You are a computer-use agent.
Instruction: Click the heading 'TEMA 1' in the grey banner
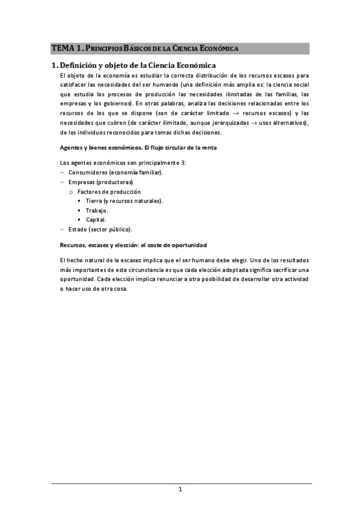coord(66,48)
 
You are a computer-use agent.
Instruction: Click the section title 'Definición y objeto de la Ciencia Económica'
coord(138,65)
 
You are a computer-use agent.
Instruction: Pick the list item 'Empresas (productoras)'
coord(100,182)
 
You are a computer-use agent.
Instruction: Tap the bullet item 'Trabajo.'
coord(97,210)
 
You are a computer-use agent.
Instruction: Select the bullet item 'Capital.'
coord(96,220)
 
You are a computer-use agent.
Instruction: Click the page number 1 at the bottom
coord(180,489)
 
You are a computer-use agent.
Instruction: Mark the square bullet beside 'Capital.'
coord(79,220)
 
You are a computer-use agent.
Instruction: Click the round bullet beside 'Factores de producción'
coord(71,192)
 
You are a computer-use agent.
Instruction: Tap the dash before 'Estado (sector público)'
coord(62,229)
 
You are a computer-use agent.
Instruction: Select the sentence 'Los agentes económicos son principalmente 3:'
coord(124,163)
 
